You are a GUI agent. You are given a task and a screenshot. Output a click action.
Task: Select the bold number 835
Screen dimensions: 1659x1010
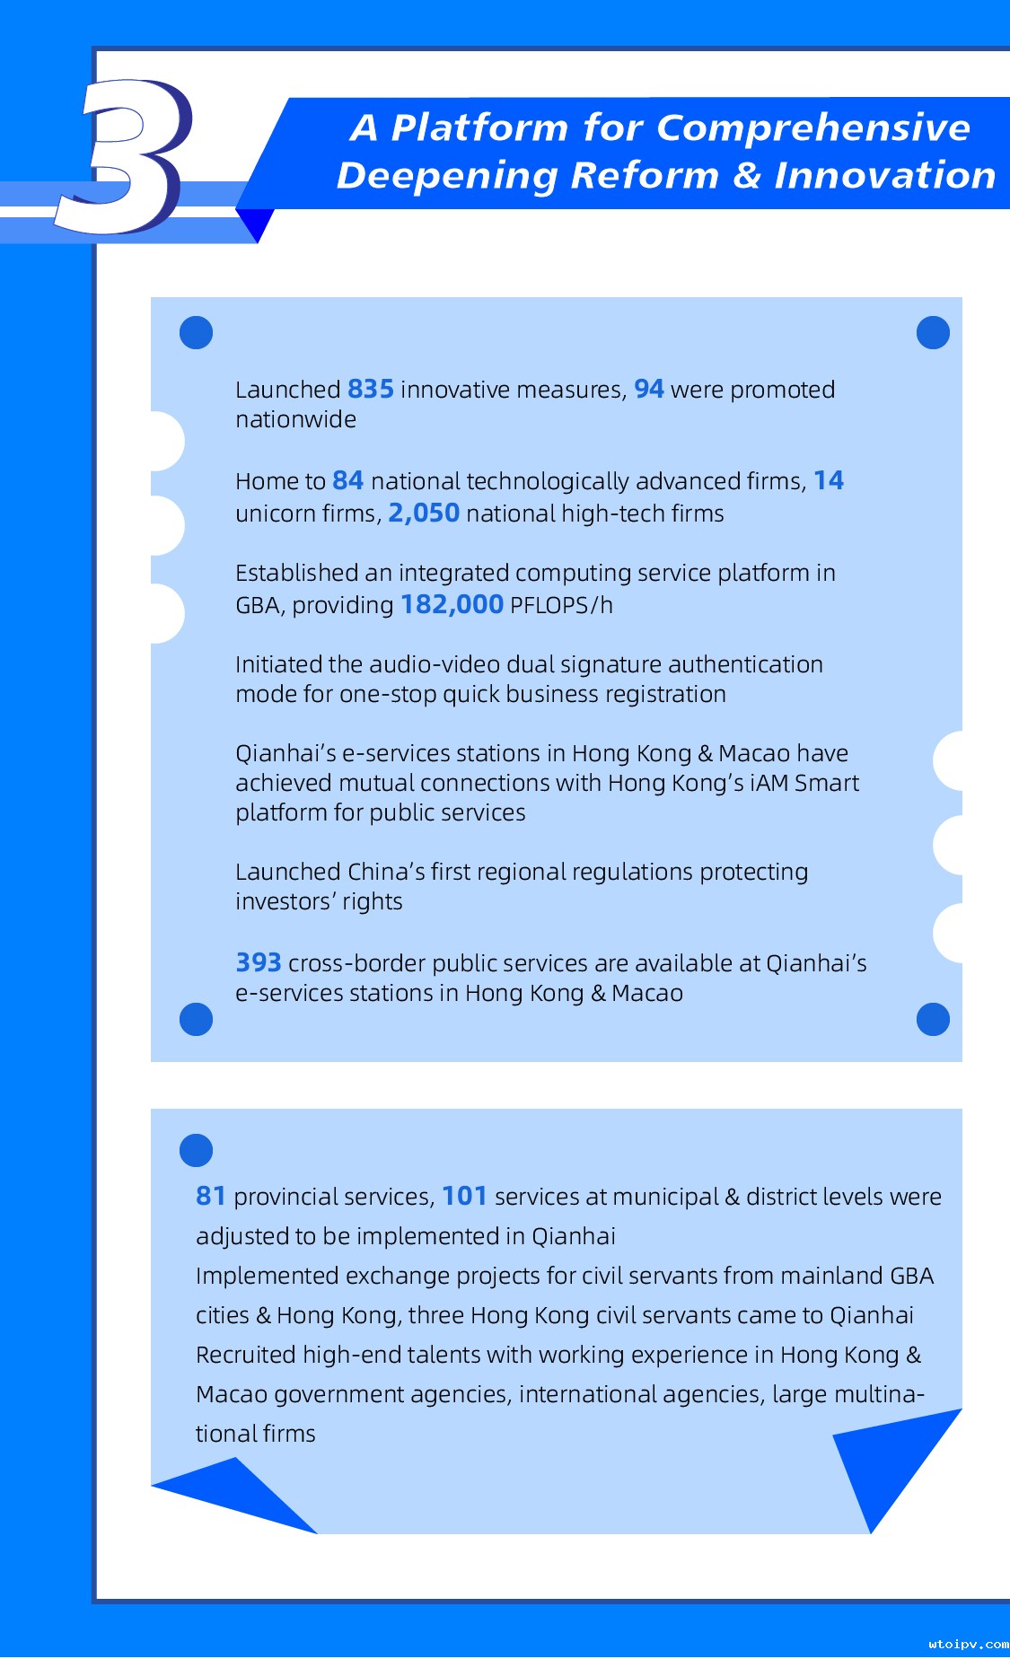[370, 390]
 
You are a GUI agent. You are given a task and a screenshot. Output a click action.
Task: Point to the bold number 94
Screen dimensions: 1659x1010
[648, 390]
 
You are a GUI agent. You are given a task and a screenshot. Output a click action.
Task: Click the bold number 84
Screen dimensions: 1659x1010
[347, 481]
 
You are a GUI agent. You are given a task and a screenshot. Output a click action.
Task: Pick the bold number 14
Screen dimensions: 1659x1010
[828, 481]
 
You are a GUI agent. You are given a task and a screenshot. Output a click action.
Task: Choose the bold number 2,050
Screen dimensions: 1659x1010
[423, 513]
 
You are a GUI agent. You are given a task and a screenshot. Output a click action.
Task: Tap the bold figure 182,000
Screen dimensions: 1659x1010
[452, 605]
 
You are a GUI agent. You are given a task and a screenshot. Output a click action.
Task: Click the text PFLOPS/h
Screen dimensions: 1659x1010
[561, 606]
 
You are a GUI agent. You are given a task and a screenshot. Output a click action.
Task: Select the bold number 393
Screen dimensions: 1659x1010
[258, 963]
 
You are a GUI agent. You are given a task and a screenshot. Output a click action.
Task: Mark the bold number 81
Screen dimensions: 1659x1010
[210, 1197]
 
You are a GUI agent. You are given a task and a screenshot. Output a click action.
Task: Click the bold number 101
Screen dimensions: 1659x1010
[464, 1197]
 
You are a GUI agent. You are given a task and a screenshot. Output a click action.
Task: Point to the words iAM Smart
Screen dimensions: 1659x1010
[804, 784]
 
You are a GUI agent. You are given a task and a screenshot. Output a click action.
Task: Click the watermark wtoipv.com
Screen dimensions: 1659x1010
[968, 1645]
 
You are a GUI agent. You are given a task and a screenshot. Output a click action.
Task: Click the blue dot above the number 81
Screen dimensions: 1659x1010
[196, 1150]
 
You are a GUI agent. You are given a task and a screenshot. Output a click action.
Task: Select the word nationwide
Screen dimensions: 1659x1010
[295, 420]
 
